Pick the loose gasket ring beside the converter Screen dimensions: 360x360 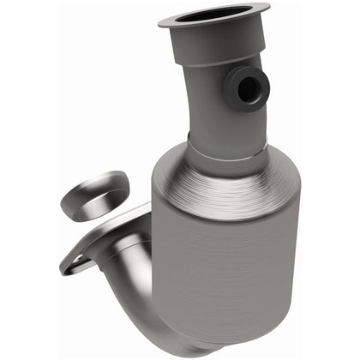pyautogui.click(x=95, y=194)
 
